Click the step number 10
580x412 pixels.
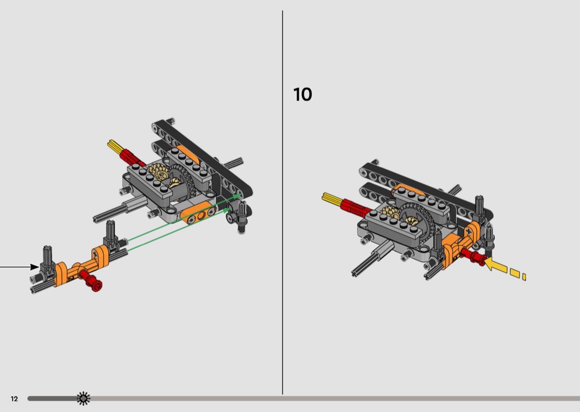tap(303, 94)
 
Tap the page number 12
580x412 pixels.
tap(14, 399)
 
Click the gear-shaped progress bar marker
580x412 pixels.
tap(83, 398)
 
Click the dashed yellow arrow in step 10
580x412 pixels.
tap(505, 269)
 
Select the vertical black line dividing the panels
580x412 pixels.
tap(283, 202)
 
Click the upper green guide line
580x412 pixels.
tap(183, 219)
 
